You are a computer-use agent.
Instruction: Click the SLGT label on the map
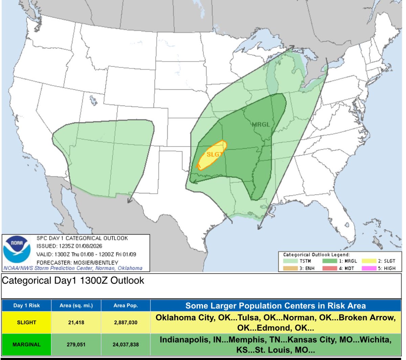[x=215, y=154]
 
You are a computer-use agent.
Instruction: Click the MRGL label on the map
[x=261, y=124]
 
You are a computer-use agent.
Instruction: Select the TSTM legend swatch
[x=290, y=261]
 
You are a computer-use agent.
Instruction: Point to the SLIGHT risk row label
[x=26, y=322]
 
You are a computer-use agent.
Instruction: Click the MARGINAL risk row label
[x=26, y=344]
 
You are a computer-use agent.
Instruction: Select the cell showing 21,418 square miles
[x=76, y=322]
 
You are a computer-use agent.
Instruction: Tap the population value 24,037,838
[x=126, y=344]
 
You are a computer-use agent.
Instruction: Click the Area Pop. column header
[x=126, y=306]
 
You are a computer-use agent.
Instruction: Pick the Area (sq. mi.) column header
[x=76, y=306]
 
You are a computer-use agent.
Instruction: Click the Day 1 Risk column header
[x=26, y=306]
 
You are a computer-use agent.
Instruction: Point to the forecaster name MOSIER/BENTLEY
[x=93, y=263]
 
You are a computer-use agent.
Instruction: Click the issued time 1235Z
[x=67, y=246]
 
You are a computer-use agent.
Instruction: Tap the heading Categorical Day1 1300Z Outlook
[x=73, y=281]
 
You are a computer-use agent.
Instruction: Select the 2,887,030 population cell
[x=126, y=322]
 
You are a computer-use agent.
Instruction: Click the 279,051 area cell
[x=76, y=344]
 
